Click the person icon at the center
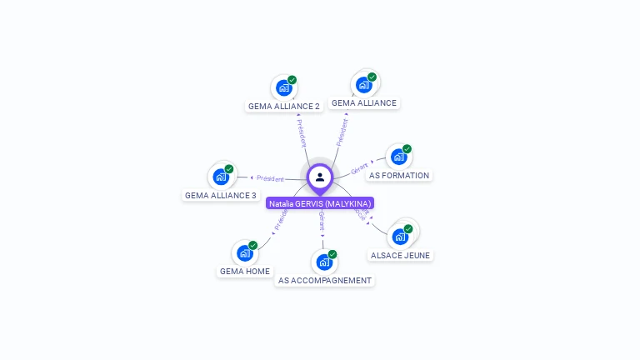[320, 177]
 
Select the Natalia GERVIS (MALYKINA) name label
[320, 203]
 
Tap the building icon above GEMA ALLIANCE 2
[283, 87]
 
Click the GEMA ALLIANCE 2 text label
[283, 106]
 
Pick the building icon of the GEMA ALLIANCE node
[363, 84]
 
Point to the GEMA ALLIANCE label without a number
[364, 102]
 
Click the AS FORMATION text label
[399, 175]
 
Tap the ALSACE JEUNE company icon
[400, 236]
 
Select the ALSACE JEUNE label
[401, 255]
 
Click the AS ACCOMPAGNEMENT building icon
[324, 262]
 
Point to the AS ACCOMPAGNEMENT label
[325, 280]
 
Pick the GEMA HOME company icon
[244, 252]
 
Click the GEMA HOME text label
[245, 271]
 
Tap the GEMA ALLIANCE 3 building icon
[221, 177]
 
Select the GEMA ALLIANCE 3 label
[221, 195]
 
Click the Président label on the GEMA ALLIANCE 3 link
[270, 178]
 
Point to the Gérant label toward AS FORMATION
[360, 167]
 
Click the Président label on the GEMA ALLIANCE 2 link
[302, 133]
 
